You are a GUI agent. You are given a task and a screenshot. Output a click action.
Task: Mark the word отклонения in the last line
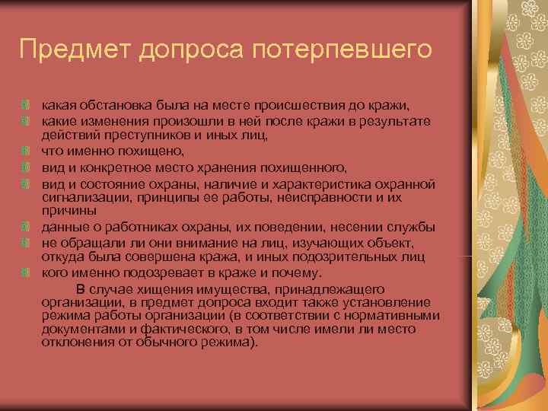(75, 342)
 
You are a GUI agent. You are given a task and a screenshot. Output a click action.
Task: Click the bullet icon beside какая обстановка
(26, 104)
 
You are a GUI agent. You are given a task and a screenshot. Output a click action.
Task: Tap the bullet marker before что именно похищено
(26, 151)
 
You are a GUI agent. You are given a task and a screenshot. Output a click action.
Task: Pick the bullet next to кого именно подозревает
(26, 274)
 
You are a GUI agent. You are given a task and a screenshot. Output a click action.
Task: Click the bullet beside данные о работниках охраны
(26, 228)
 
